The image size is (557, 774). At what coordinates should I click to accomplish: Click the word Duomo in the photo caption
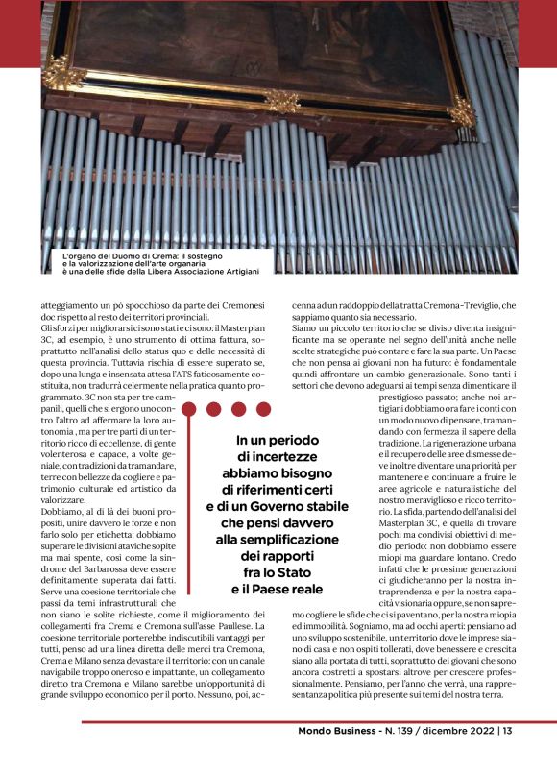click(133, 256)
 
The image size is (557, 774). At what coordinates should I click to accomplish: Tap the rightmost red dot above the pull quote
click(262, 408)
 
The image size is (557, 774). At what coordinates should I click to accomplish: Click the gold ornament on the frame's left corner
click(64, 72)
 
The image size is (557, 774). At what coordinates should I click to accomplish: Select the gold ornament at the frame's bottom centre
click(282, 100)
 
